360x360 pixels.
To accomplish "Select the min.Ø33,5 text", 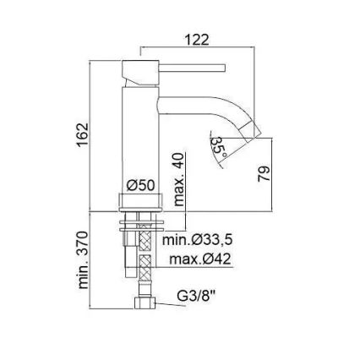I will tap(198, 241).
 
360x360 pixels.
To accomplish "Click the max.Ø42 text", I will tap(200, 259).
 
